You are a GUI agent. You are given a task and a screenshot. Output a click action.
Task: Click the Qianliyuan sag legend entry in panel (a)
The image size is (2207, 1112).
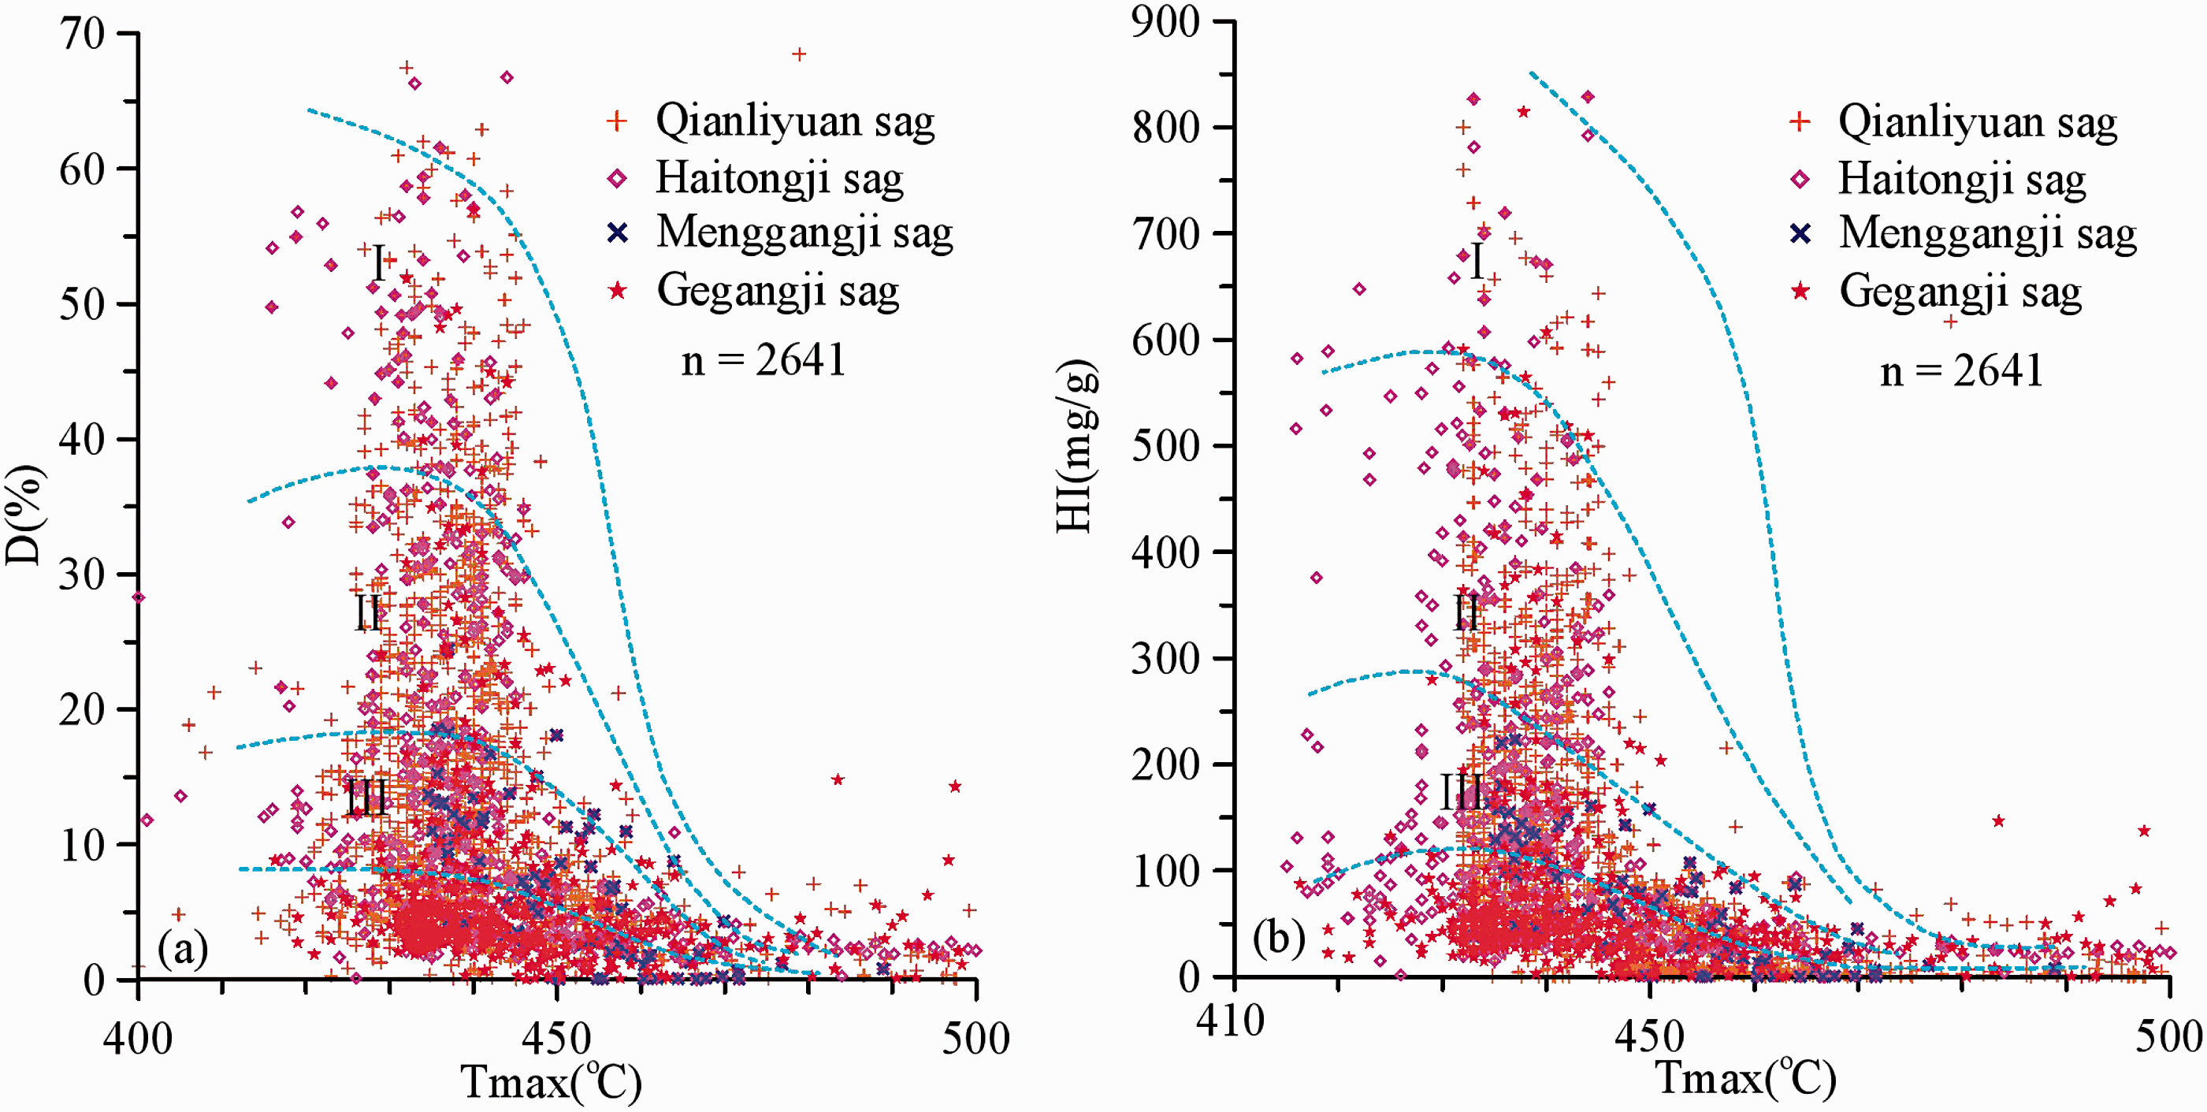[x=795, y=121]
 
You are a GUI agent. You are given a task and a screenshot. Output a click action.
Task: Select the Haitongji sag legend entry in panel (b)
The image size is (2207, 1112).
[x=1962, y=180]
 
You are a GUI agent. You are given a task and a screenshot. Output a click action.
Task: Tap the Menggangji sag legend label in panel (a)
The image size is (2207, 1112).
[x=804, y=233]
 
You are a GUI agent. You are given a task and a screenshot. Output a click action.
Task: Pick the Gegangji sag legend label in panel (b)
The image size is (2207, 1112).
[x=1960, y=292]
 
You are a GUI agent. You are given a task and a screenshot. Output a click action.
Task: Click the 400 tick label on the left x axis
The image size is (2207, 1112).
[x=138, y=1039]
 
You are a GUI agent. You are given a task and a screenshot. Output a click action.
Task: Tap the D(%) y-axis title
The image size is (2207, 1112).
[x=24, y=515]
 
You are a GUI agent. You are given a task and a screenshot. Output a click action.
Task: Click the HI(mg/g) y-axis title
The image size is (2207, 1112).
[x=1076, y=446]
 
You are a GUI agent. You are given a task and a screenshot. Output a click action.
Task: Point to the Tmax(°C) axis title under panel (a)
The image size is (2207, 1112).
[x=551, y=1081]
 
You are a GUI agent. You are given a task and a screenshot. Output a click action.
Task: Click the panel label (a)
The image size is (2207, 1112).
[x=183, y=948]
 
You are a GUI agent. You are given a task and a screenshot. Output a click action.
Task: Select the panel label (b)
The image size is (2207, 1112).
[x=1278, y=937]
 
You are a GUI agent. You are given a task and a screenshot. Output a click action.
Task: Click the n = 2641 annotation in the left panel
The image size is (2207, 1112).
[x=764, y=360]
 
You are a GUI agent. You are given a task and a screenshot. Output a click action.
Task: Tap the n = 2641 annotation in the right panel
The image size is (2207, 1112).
[x=1961, y=371]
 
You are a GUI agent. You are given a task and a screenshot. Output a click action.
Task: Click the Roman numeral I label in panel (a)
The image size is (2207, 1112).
[x=379, y=262]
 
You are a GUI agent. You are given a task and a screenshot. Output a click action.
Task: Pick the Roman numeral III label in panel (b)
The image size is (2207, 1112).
[x=1461, y=791]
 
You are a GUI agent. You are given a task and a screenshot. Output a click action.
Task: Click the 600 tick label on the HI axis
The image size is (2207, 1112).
[x=1166, y=340]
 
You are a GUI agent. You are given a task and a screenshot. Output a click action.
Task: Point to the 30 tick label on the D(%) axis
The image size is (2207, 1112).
[x=82, y=574]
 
